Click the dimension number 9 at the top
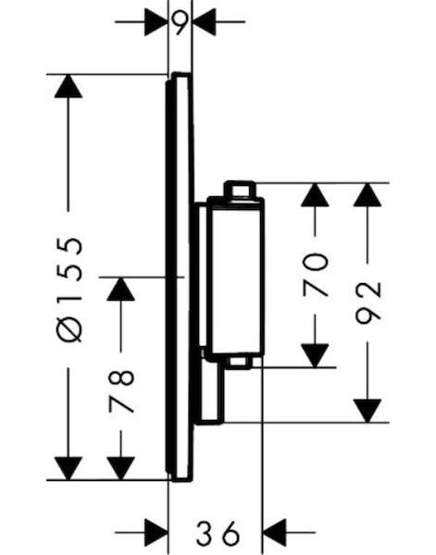click(180, 22)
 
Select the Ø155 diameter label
click(69, 290)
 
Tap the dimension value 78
click(121, 391)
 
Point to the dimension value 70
click(316, 275)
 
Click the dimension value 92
click(368, 303)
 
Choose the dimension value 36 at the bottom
click(218, 533)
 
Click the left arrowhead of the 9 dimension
click(156, 22)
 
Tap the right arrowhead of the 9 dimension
click(204, 22)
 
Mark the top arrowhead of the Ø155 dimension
click(69, 86)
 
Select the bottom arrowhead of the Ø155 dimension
click(69, 469)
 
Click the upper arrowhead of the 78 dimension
click(120, 290)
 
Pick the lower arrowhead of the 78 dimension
click(120, 469)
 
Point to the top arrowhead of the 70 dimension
click(315, 194)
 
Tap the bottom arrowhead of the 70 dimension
click(315, 356)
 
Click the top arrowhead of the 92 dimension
click(367, 194)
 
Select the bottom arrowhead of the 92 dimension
click(367, 411)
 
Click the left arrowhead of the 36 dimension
click(156, 533)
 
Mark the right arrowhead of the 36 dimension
click(275, 533)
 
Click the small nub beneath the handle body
click(240, 362)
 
